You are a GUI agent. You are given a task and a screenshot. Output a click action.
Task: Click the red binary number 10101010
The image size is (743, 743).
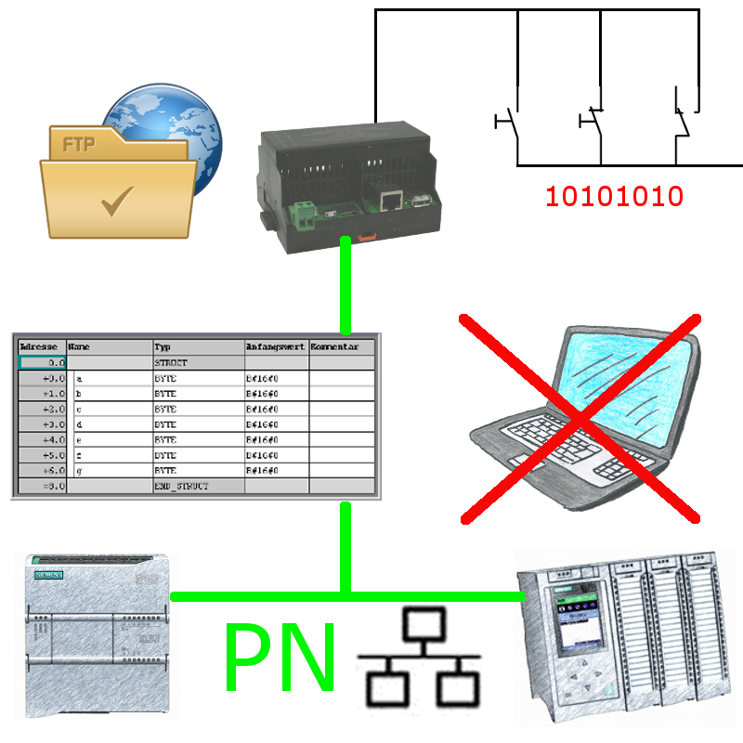coord(614,197)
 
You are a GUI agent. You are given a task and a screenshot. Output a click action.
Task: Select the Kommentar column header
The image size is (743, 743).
coord(343,345)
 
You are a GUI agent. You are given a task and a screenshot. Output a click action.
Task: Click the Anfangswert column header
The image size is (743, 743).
coord(276,345)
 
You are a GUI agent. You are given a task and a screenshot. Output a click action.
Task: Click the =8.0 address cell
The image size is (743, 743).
coord(41,486)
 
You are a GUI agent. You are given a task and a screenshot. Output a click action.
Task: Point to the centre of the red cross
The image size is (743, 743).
coord(580,418)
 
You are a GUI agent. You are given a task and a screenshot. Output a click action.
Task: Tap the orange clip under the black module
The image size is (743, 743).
coord(366,237)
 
